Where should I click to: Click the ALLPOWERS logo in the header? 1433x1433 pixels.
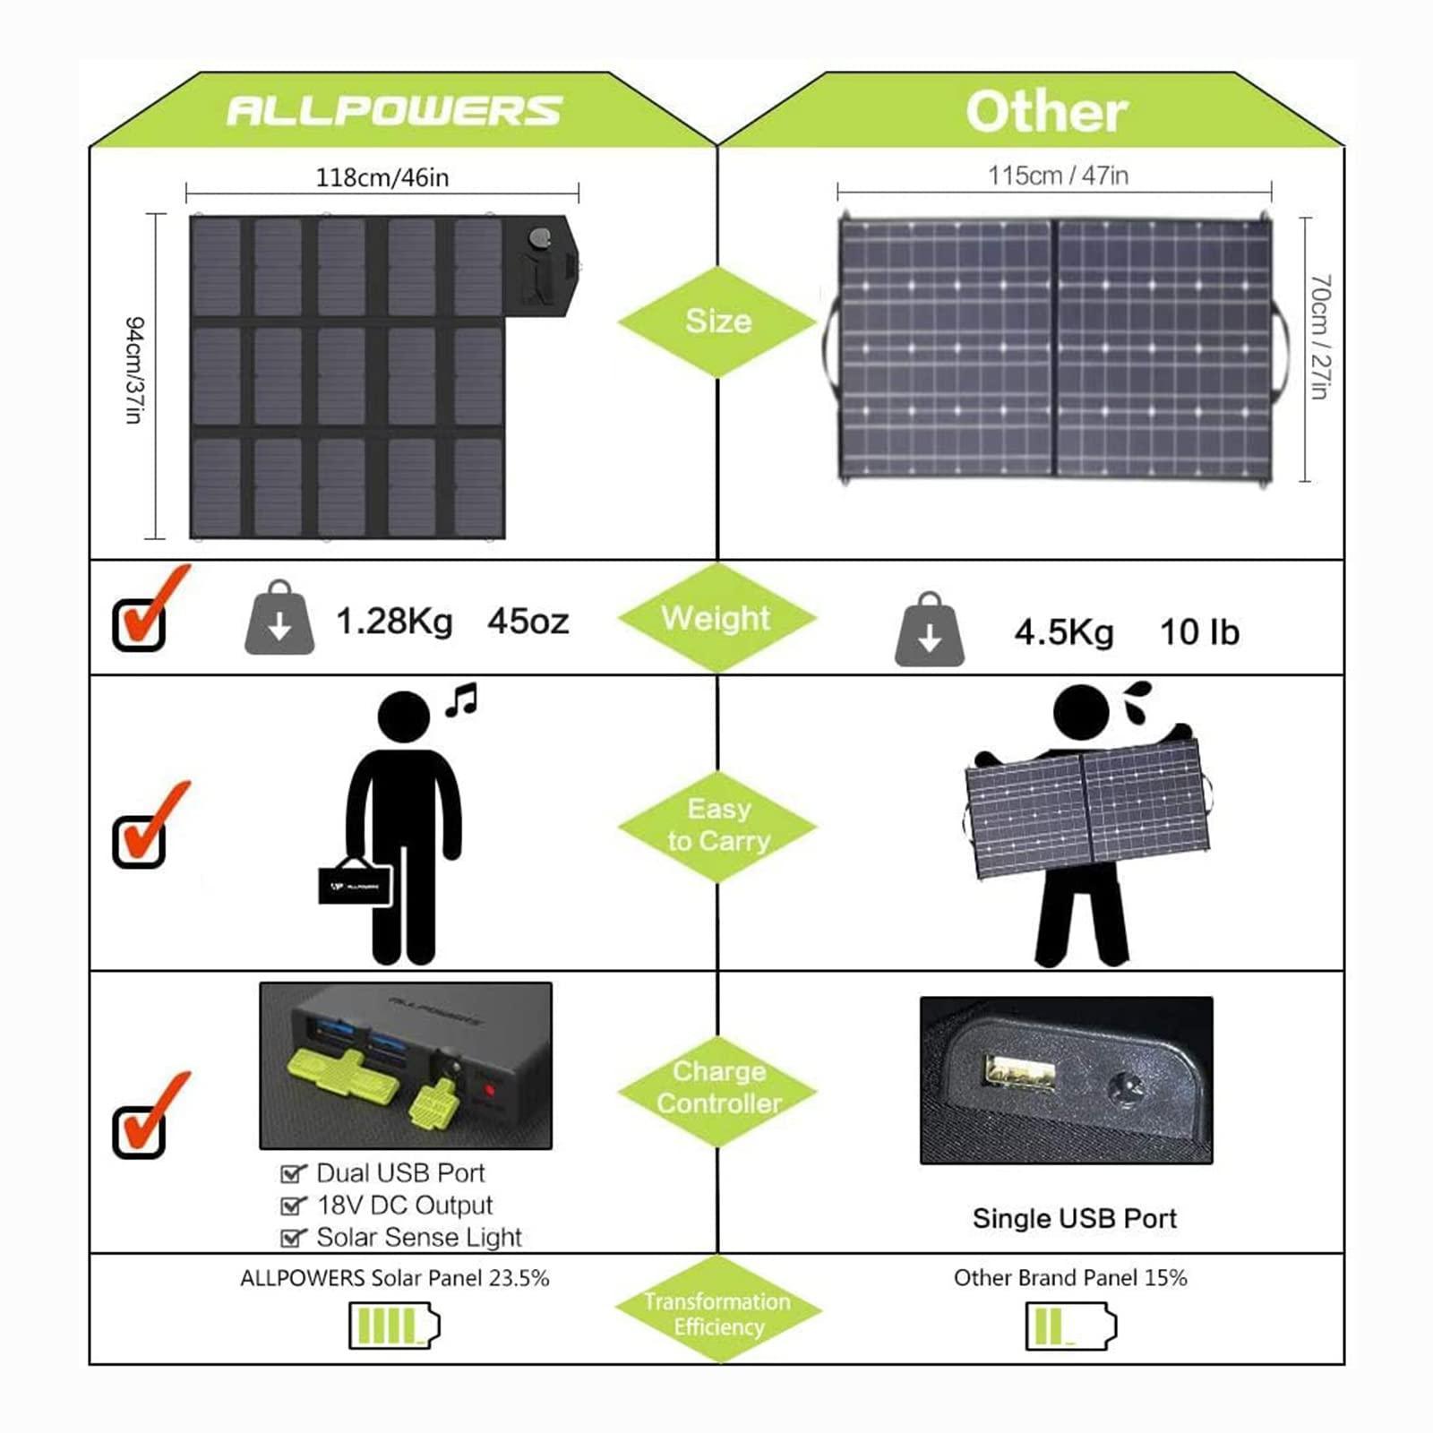(x=394, y=111)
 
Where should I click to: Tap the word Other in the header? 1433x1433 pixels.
(x=1046, y=112)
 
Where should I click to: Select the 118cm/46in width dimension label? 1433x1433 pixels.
(x=382, y=177)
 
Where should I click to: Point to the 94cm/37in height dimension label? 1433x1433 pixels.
(x=134, y=369)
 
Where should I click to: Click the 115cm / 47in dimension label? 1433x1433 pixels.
(x=1058, y=176)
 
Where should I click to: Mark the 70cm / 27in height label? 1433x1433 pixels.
(x=1319, y=337)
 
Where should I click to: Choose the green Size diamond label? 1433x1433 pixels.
(x=718, y=321)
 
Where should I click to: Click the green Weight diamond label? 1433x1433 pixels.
(x=716, y=618)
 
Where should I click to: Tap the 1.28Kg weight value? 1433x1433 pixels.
(x=394, y=621)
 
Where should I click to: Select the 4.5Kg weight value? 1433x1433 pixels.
(x=1064, y=632)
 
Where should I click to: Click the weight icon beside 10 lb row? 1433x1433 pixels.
(x=930, y=631)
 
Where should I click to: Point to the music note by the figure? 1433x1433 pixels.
(x=462, y=699)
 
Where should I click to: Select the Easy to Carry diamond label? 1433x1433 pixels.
(x=718, y=825)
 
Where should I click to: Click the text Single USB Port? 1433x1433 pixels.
(x=1075, y=1218)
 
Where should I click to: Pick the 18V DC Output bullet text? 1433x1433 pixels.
(x=405, y=1206)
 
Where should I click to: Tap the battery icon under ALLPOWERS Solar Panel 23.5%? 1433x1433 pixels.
(x=394, y=1326)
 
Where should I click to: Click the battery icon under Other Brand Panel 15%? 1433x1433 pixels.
(x=1070, y=1326)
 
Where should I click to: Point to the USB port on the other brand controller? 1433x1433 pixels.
(x=1020, y=1071)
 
